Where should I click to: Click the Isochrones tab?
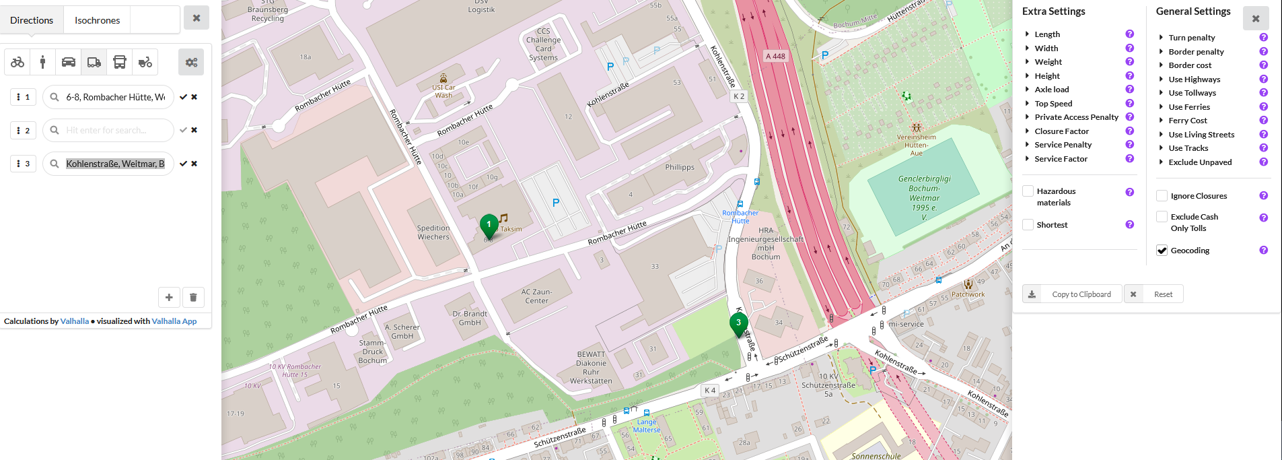pyautogui.click(x=97, y=20)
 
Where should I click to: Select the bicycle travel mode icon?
pyautogui.click(x=17, y=62)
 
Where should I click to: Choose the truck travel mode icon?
pyautogui.click(x=94, y=62)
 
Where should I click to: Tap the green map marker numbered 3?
pyautogui.click(x=738, y=324)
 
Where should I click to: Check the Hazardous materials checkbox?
pyautogui.click(x=1028, y=191)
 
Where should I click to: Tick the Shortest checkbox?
pyautogui.click(x=1028, y=225)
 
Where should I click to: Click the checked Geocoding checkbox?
pyautogui.click(x=1162, y=251)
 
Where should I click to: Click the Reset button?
pyautogui.click(x=1153, y=294)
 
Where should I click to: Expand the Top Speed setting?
pyautogui.click(x=1053, y=104)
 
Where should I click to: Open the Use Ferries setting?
pyautogui.click(x=1188, y=107)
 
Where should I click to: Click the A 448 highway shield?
pyautogui.click(x=775, y=57)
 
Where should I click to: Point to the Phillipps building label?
pyautogui.click(x=680, y=167)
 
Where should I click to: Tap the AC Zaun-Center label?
pyautogui.click(x=536, y=296)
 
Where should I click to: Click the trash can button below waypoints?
pyautogui.click(x=193, y=297)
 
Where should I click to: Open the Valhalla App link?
pyautogui.click(x=174, y=321)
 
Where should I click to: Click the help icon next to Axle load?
pyautogui.click(x=1129, y=90)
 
